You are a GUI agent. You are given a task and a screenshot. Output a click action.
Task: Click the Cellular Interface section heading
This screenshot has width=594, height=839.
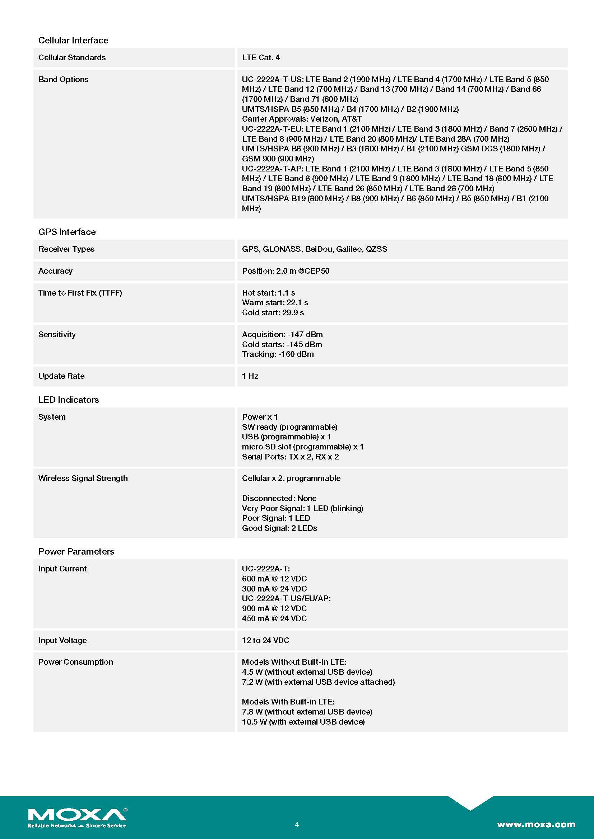coord(73,40)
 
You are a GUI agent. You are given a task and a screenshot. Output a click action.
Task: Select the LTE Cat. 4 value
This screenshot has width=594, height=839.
coord(261,57)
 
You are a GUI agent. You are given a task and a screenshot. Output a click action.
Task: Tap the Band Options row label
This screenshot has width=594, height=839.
coord(63,79)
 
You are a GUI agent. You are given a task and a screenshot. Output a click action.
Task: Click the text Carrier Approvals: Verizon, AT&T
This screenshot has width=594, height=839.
coord(301,119)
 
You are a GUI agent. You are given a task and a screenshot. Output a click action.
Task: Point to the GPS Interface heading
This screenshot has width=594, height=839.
coord(67,232)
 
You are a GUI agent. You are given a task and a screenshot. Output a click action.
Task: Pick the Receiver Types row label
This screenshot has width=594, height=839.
coord(66,249)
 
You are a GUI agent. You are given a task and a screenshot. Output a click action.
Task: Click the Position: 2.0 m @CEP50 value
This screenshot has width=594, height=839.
coord(285,271)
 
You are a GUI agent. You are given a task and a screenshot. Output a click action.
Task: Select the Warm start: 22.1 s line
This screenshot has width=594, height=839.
coord(275,303)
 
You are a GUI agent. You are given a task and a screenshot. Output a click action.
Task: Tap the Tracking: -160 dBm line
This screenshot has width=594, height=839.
coord(278,354)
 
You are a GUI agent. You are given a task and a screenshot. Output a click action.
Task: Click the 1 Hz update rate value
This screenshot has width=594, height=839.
coord(250,376)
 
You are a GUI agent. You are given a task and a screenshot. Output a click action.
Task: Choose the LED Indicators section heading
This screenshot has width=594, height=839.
coord(68,399)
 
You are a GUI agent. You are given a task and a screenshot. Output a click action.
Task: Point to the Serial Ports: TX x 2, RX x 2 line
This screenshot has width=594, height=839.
coord(290,457)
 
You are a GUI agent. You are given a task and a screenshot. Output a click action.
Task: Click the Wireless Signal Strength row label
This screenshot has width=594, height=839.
coord(83,479)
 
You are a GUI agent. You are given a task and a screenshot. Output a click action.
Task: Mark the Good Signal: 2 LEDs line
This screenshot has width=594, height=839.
coord(279,528)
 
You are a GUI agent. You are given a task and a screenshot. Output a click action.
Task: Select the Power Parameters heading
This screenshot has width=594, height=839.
coord(76,551)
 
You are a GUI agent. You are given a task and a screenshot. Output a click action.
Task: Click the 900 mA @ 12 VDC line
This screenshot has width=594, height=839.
coord(274,608)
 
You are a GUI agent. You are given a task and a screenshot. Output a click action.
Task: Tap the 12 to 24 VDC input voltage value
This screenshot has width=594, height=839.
coord(265,640)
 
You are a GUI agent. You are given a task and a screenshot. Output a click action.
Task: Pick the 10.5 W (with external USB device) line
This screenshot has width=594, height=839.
coord(303,722)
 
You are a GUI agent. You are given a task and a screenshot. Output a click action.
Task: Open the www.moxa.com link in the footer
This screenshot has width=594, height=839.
coord(536,824)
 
